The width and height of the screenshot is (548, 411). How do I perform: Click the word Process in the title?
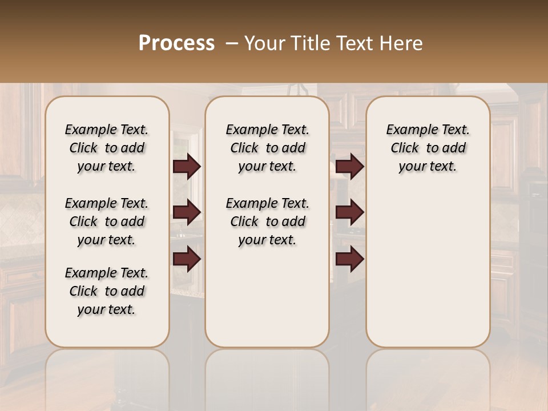tap(176, 43)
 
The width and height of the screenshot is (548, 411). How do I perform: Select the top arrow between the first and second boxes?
tap(187, 167)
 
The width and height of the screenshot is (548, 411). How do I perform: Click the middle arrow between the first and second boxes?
tap(187, 212)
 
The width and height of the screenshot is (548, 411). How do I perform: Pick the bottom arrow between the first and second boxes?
tap(187, 259)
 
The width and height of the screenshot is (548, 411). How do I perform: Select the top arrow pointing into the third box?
tap(349, 167)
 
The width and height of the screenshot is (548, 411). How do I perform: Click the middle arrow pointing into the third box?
tap(349, 212)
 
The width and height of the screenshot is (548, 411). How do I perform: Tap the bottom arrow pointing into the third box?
tap(349, 259)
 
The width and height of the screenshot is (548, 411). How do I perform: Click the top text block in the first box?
tap(107, 148)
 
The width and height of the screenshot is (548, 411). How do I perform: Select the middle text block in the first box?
tap(107, 221)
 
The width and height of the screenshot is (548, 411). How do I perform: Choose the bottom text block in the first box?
tap(107, 291)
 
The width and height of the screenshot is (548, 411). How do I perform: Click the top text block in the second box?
tap(267, 148)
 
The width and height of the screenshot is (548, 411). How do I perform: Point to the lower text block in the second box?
tap(267, 221)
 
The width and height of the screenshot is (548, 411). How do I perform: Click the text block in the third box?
tap(428, 148)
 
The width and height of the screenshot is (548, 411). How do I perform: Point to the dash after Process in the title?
tap(232, 43)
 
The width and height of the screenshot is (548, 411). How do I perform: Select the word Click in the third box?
tap(405, 148)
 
